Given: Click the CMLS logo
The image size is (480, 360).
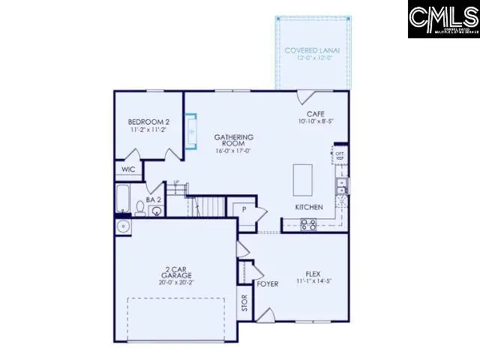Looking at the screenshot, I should point(442,19).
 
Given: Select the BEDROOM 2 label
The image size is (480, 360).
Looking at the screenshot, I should point(148,122).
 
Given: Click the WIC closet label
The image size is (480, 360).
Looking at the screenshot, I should point(129,169).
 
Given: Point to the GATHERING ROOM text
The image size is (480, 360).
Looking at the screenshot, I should point(233,140).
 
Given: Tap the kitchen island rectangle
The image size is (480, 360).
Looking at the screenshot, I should point(303,180).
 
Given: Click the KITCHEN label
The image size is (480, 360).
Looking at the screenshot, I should point(309,206).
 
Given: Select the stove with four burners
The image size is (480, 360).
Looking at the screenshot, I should point(308,223).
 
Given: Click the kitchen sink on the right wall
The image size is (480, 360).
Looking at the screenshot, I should point(341,187).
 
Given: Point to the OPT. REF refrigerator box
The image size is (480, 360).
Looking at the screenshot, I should point(340,155).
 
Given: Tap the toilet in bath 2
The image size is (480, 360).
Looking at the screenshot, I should point(155,211).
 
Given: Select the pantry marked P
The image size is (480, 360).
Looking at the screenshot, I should point(244,209).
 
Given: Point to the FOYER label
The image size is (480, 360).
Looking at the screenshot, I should point(268,284).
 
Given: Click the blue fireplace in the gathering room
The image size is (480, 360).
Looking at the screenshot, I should point(190,132).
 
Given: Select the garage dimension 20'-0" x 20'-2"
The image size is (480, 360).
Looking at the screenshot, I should point(176,283).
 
